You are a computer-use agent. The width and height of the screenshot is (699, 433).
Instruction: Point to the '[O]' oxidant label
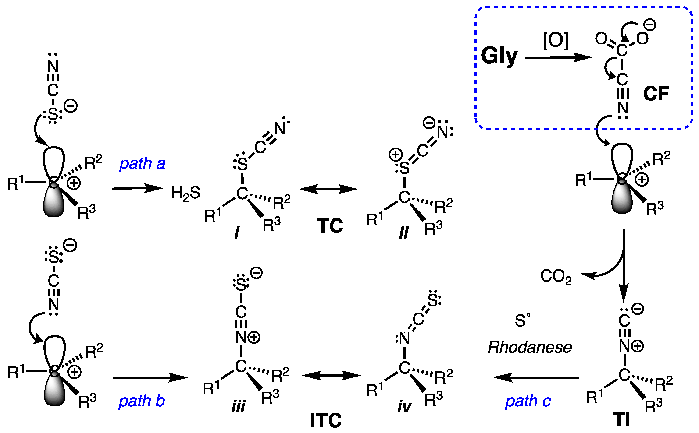555,40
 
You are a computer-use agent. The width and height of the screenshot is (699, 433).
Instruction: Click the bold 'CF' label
656,93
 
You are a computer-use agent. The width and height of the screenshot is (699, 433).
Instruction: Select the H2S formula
185,193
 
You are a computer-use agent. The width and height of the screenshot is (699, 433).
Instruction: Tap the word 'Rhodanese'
530,347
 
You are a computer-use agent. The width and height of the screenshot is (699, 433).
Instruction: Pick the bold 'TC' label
330,226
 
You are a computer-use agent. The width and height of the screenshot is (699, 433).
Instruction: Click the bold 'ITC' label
326,420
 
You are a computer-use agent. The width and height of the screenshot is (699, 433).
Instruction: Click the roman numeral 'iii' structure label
238,406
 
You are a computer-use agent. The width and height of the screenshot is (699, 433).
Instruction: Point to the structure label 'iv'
404,406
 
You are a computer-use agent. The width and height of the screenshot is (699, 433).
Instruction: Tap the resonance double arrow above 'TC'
328,189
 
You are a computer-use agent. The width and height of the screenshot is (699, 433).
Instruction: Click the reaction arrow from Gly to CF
558,58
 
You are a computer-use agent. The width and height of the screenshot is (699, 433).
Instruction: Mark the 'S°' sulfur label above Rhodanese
522,320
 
